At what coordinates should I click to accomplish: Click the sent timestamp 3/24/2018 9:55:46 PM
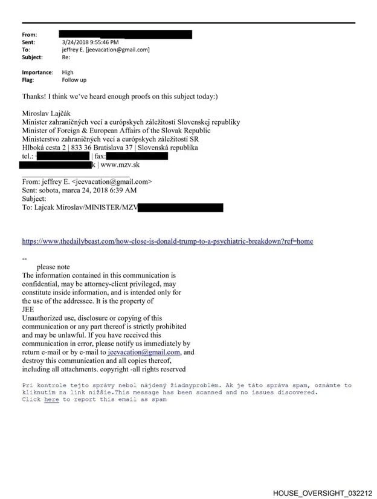pyautogui.click(x=90, y=42)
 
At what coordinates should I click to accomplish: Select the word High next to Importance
pyautogui.click(x=68, y=72)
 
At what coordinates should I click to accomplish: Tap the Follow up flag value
pyautogui.click(x=74, y=79)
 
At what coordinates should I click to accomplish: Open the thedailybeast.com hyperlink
pyautogui.click(x=167, y=241)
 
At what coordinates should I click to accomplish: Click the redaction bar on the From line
pyautogui.click(x=125, y=34)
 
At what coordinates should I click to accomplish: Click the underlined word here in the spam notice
pyautogui.click(x=51, y=400)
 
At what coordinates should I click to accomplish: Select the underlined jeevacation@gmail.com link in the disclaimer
pyautogui.click(x=144, y=352)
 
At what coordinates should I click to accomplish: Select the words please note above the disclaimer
pyautogui.click(x=53, y=267)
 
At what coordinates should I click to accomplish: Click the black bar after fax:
pyautogui.click(x=137, y=156)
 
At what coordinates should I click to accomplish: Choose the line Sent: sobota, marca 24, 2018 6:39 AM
pyautogui.click(x=79, y=190)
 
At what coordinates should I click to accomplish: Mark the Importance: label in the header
pyautogui.click(x=36, y=72)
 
